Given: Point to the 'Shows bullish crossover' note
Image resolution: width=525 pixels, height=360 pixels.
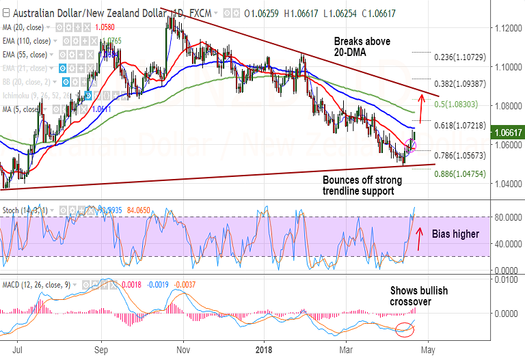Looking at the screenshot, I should pos(418,296).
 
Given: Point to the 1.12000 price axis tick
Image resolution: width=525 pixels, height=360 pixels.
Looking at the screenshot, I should pos(504,28).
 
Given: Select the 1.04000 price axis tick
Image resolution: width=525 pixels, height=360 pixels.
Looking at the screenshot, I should pos(504,184).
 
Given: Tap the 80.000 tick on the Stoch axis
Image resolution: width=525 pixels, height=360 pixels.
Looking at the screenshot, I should pos(504,217).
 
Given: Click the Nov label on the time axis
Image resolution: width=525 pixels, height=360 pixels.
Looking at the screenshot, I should pos(183,348).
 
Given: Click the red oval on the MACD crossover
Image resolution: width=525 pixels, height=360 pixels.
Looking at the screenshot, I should pos(405,329).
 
